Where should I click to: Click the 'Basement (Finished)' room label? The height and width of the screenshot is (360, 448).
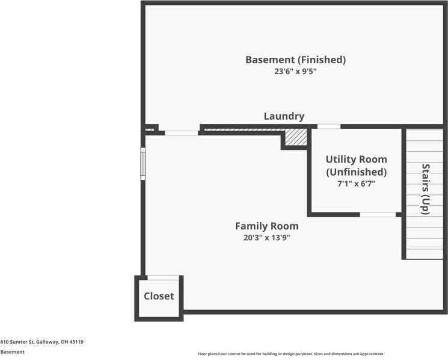point(295,60)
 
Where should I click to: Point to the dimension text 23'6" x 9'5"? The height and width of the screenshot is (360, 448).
point(295,72)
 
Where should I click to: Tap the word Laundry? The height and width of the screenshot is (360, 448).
point(284,116)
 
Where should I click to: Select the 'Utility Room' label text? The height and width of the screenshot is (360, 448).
point(356,160)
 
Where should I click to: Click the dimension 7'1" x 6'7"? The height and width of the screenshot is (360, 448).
point(356,184)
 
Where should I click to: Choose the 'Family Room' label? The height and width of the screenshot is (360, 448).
point(266,226)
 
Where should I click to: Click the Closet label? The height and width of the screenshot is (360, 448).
point(159,296)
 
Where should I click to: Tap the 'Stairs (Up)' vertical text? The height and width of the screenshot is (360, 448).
point(425,189)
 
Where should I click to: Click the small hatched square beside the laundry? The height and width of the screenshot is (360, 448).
point(295,137)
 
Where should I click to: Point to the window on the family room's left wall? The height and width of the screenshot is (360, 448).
point(143,164)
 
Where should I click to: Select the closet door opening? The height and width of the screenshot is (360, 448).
point(163,278)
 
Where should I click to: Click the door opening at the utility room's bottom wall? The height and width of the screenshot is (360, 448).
point(378,214)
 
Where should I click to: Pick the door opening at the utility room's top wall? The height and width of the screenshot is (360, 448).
point(328,126)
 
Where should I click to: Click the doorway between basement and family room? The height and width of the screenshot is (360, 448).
point(181,132)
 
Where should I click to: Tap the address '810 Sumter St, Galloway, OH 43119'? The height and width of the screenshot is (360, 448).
point(41,342)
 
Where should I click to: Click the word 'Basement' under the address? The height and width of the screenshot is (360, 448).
point(13,352)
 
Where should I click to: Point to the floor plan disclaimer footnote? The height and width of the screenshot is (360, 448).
point(290,354)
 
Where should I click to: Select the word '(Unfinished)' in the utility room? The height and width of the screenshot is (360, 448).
point(356,172)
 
